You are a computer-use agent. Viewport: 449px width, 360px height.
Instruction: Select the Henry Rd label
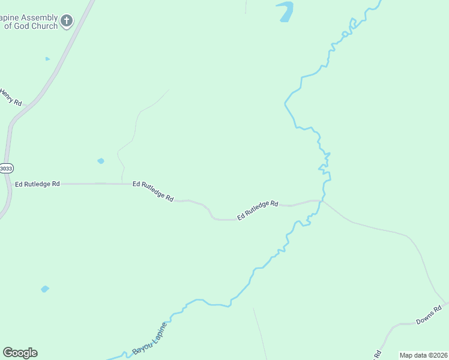tap(10, 97)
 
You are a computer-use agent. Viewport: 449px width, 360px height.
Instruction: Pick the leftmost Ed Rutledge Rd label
tap(37, 184)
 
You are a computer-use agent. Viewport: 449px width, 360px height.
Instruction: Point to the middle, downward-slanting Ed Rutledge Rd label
tap(153, 191)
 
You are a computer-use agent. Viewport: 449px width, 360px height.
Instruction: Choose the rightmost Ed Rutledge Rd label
tap(258, 210)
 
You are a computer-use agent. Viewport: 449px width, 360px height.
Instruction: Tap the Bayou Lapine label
tap(149, 337)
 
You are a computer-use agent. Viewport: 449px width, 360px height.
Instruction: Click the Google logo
tap(20, 353)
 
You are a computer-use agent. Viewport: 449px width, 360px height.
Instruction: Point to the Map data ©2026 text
tap(423, 355)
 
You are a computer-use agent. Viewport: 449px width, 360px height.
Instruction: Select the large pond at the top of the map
tap(286, 11)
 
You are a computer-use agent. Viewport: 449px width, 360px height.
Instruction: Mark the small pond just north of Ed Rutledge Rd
tap(100, 161)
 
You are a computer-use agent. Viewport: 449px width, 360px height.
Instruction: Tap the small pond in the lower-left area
tap(44, 289)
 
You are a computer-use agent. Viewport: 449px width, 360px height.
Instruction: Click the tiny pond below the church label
tap(47, 59)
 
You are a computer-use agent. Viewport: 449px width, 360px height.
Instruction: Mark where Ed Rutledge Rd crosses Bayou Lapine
tap(322, 200)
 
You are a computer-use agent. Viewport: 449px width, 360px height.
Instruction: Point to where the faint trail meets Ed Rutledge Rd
tap(122, 184)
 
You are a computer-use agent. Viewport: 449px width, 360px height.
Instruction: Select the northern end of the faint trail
tap(169, 90)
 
